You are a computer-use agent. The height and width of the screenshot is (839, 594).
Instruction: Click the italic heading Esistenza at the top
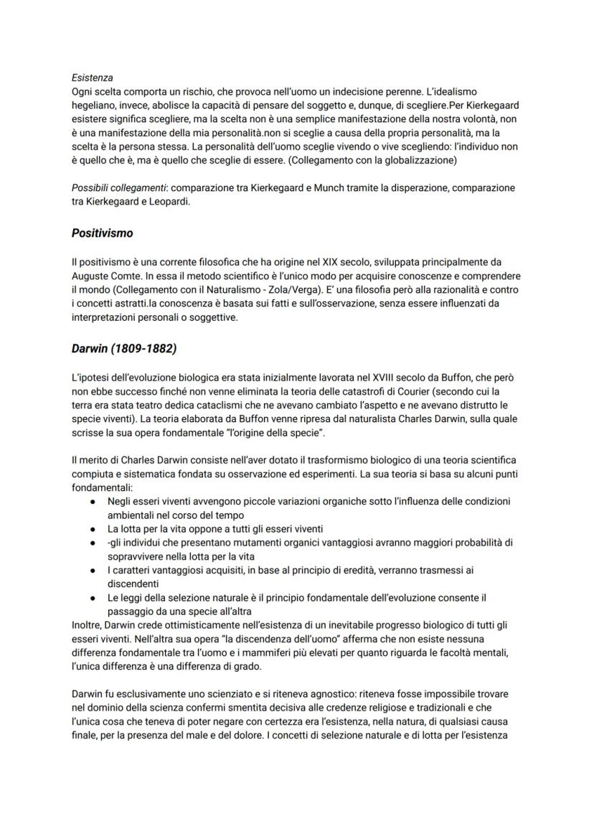[92, 78]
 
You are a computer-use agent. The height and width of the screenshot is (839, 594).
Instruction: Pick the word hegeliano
[95, 106]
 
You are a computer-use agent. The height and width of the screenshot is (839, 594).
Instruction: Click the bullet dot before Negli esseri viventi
[93, 501]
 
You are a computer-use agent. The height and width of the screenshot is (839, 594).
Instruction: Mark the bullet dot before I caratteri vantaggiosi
[93, 570]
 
